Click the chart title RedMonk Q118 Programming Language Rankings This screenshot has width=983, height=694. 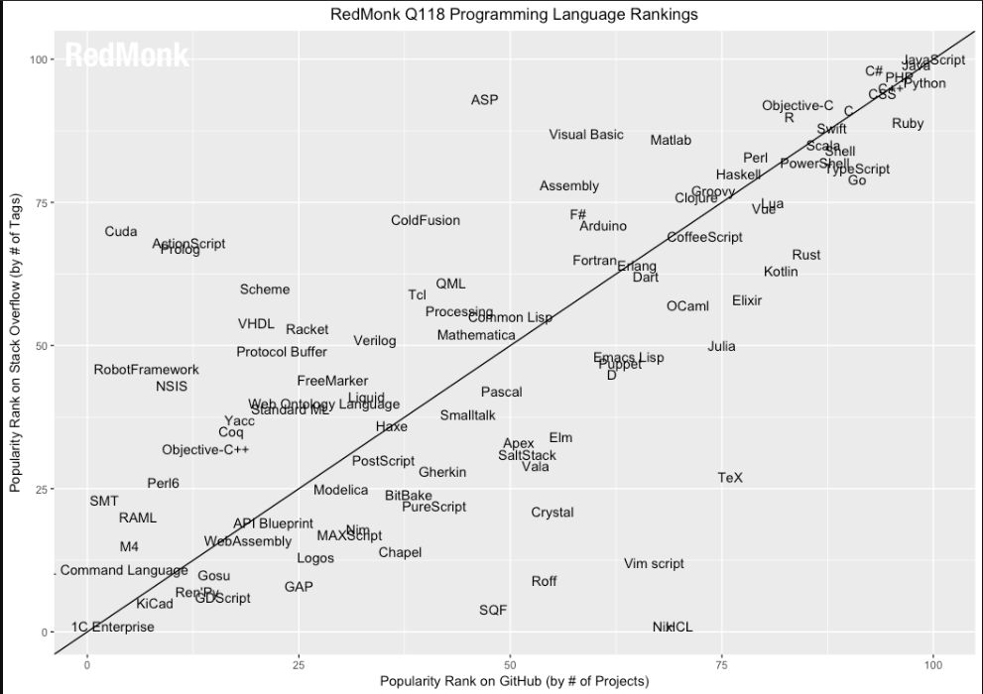click(514, 15)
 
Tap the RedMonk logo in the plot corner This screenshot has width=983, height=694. click(126, 57)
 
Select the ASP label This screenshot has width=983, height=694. click(484, 100)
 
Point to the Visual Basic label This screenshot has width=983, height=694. click(586, 135)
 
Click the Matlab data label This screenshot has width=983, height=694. click(671, 141)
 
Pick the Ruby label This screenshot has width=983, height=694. click(908, 124)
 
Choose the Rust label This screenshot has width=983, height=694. click(806, 255)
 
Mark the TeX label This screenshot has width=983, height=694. click(730, 478)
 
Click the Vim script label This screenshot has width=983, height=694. click(654, 564)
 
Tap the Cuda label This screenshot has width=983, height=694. click(121, 232)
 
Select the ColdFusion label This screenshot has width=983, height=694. click(426, 220)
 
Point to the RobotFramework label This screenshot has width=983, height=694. click(146, 370)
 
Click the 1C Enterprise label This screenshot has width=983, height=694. click(113, 627)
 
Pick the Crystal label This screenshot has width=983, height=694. click(552, 513)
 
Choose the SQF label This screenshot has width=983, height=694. click(493, 611)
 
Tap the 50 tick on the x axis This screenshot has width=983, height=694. click(510, 660)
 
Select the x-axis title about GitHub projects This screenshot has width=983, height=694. click(514, 681)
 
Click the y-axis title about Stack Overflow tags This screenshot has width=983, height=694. click(16, 346)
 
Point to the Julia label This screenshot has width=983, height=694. click(721, 347)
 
